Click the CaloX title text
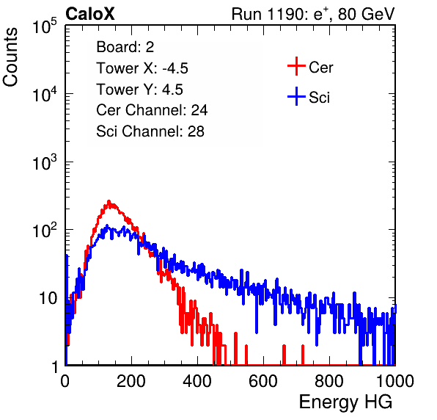click(x=90, y=14)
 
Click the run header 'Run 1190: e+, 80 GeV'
click(x=313, y=14)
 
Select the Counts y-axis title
click(x=10, y=57)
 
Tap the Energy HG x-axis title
click(x=345, y=402)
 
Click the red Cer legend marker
click(x=296, y=66)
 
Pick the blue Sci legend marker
click(x=296, y=96)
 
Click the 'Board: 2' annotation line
click(x=125, y=47)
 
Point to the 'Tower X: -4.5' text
click(x=142, y=68)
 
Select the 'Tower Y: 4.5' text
click(x=139, y=90)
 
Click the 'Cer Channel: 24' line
click(x=152, y=110)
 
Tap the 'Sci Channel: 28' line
click(x=150, y=131)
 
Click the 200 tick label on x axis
click(x=131, y=381)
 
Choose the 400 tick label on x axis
click(x=197, y=381)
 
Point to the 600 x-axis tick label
click(x=263, y=381)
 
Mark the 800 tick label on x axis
click(x=329, y=381)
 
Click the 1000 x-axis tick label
click(x=395, y=381)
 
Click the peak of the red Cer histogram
click(x=109, y=201)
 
